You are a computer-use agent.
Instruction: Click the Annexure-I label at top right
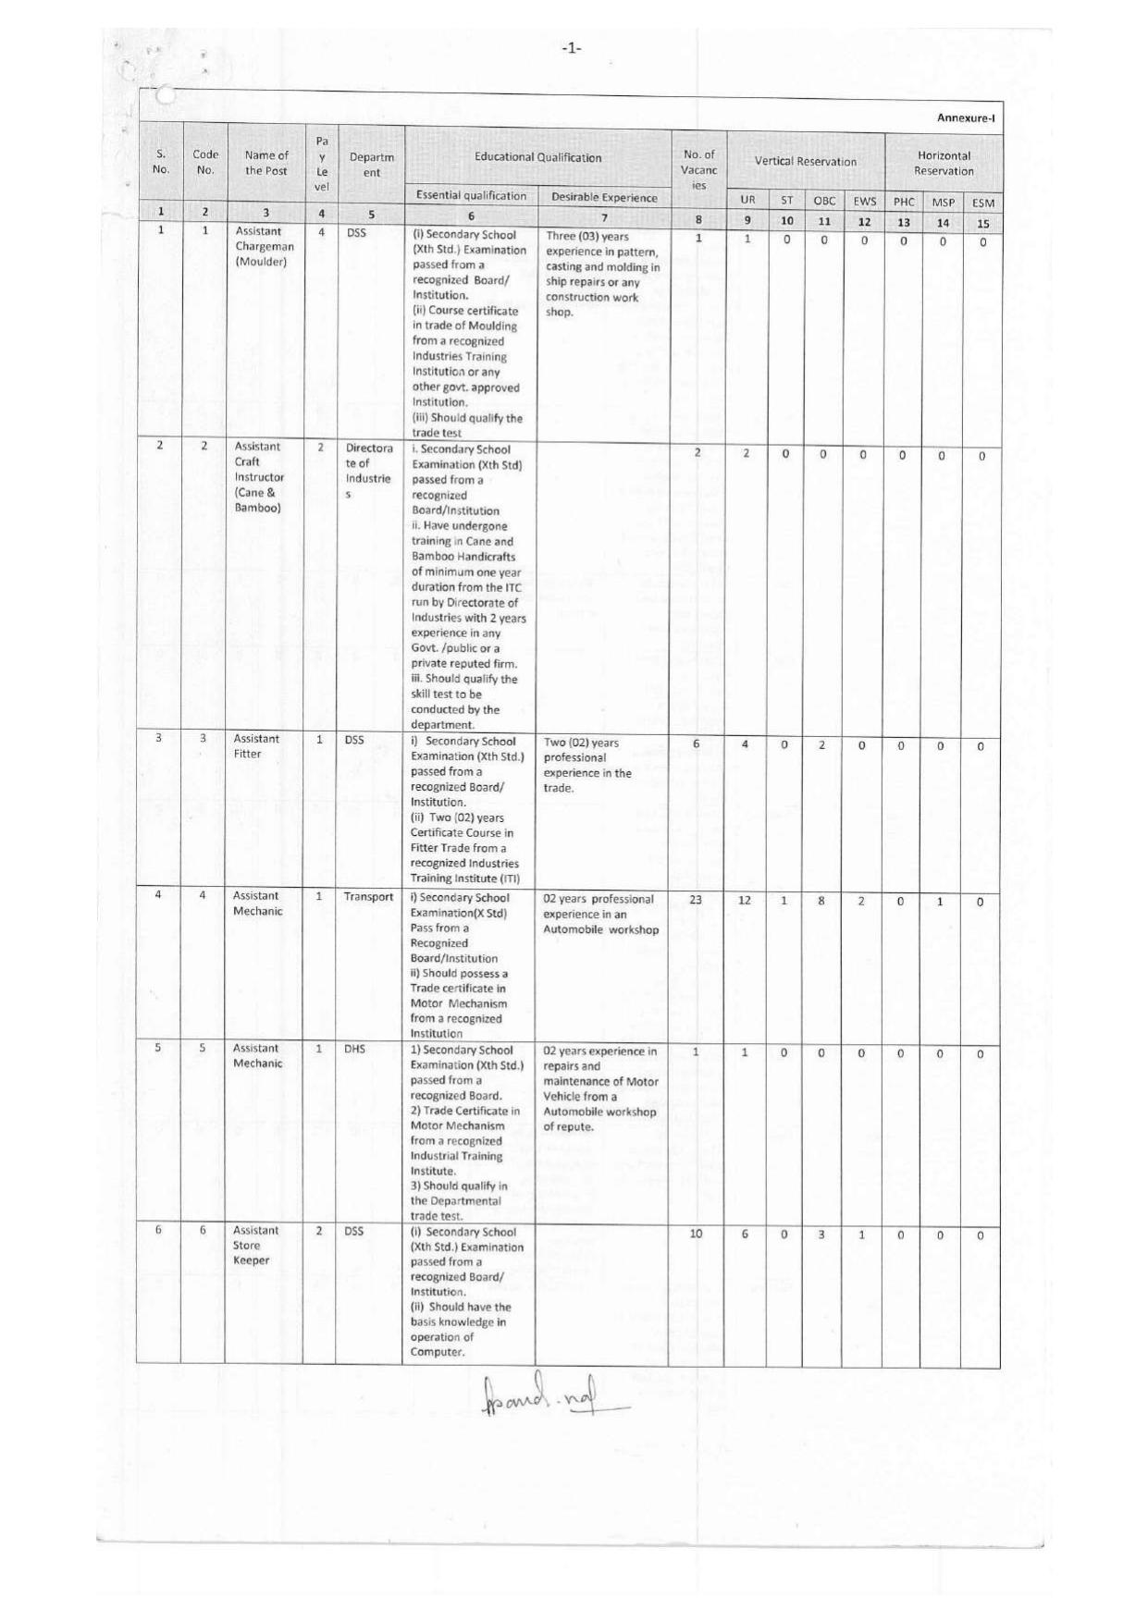(x=965, y=117)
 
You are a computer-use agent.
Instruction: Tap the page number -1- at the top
(x=572, y=48)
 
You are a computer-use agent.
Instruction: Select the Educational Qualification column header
(x=537, y=157)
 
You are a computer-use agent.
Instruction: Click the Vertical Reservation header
(x=805, y=161)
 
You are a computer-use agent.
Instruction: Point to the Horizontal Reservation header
(x=944, y=163)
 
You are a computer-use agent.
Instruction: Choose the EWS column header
(x=864, y=201)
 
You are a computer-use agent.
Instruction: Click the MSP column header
(x=943, y=202)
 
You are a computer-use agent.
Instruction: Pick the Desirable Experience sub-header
(x=604, y=197)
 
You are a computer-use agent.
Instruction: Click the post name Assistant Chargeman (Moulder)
(x=264, y=246)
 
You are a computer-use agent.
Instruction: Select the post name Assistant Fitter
(x=247, y=746)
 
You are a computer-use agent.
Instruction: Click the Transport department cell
(x=368, y=897)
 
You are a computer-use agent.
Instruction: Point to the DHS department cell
(x=354, y=1050)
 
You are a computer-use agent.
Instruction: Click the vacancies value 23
(x=696, y=900)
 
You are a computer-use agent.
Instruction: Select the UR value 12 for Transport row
(x=745, y=900)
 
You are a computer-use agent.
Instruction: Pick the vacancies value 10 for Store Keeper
(x=696, y=1234)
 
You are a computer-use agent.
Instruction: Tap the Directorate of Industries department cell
(x=368, y=471)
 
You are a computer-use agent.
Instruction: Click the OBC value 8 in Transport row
(x=821, y=901)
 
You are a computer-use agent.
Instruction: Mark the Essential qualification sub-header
(x=471, y=195)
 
